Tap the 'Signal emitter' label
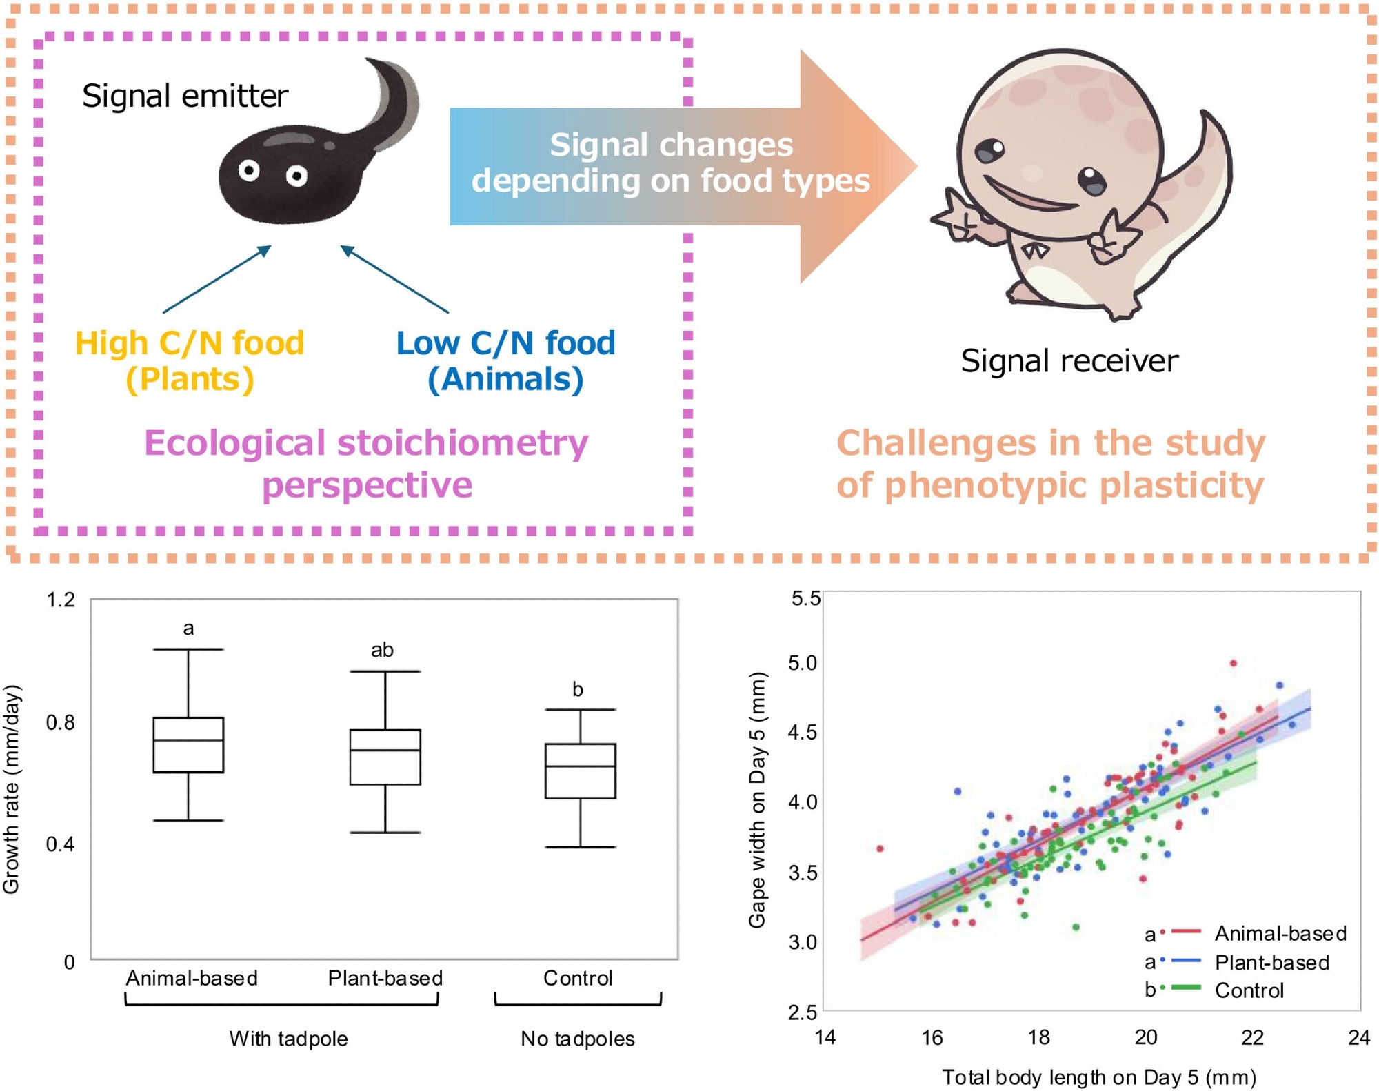click(185, 96)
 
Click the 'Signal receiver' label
click(1069, 361)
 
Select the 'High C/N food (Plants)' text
click(190, 361)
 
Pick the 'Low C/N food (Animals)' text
click(505, 361)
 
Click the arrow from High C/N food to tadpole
click(217, 280)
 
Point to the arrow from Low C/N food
click(394, 280)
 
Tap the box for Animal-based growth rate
click(188, 745)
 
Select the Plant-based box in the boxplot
click(385, 757)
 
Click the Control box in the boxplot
click(580, 771)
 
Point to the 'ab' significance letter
click(382, 650)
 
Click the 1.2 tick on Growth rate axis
click(61, 600)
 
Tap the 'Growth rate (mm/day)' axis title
click(12, 789)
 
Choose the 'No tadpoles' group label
click(578, 1039)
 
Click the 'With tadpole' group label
click(288, 1039)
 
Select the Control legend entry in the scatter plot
click(1248, 990)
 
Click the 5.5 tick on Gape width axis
click(805, 598)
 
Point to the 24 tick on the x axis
click(1358, 1037)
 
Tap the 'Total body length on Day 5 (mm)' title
click(1099, 1077)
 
